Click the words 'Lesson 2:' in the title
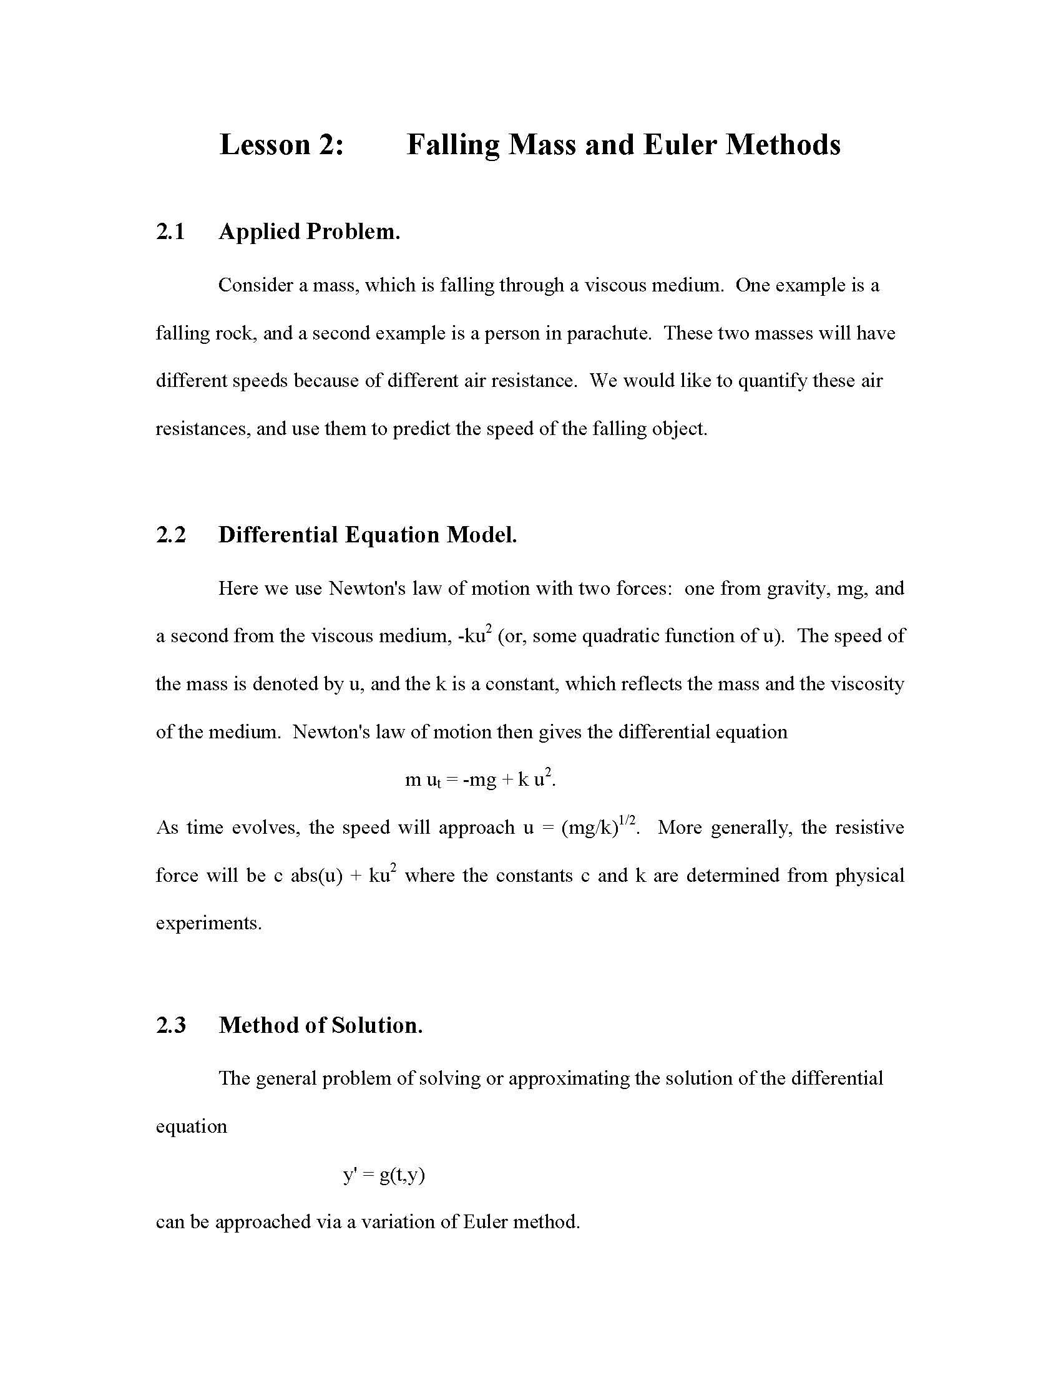pyautogui.click(x=281, y=145)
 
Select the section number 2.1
pyautogui.click(x=170, y=232)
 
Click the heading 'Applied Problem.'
pyautogui.click(x=309, y=232)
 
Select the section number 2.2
pyautogui.click(x=170, y=535)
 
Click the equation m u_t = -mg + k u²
pyautogui.click(x=481, y=780)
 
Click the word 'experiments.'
pyautogui.click(x=208, y=924)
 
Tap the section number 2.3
pyautogui.click(x=170, y=1025)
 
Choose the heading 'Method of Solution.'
pyautogui.click(x=321, y=1025)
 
